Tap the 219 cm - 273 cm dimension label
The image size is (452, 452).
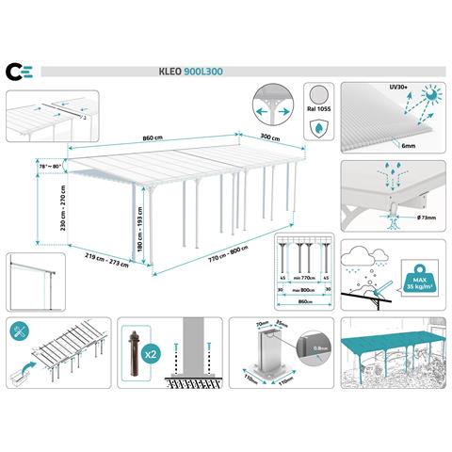[106, 257]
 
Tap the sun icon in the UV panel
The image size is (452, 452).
[429, 96]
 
